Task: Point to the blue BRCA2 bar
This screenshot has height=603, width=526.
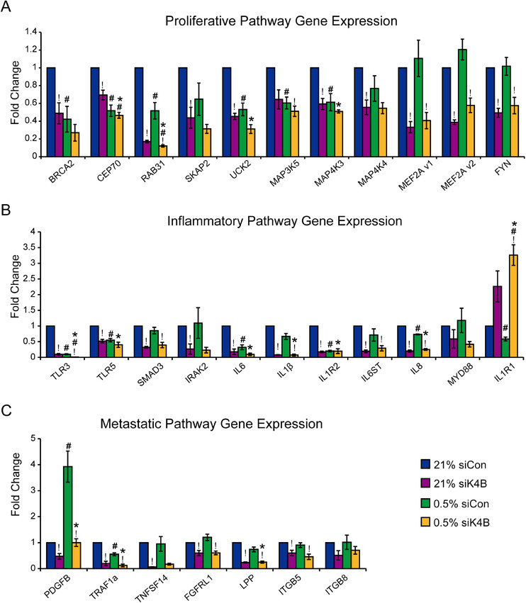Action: (x=49, y=100)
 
